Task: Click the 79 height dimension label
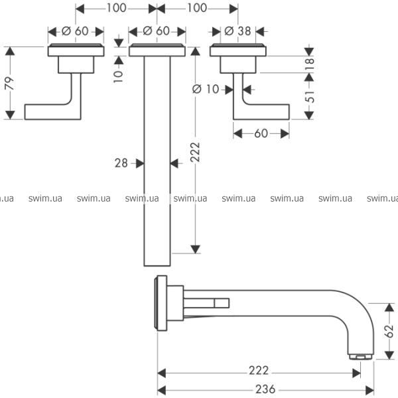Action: click(9, 83)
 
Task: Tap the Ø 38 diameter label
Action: click(237, 31)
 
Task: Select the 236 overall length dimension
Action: click(265, 389)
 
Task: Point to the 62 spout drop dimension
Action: click(389, 331)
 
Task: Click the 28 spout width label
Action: click(121, 163)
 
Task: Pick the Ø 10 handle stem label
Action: click(206, 89)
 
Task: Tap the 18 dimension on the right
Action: click(309, 64)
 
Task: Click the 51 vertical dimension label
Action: click(309, 96)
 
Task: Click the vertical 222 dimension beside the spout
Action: click(195, 152)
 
